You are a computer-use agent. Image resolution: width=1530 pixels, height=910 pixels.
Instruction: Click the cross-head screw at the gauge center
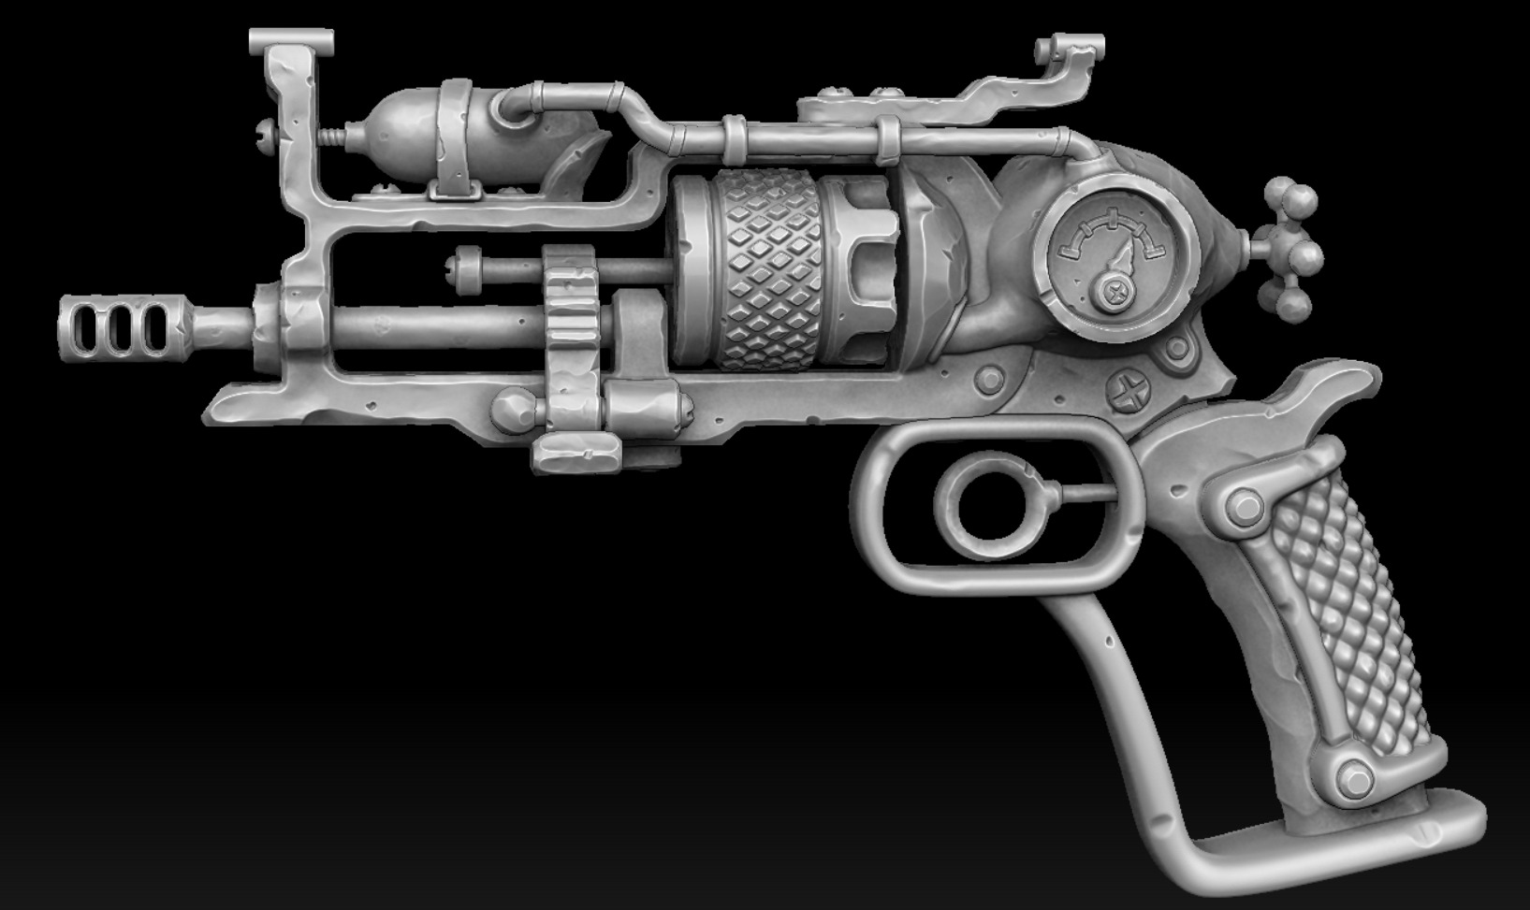pyautogui.click(x=1115, y=293)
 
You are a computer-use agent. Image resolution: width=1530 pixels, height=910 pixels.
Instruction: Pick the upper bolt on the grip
pyautogui.click(x=1246, y=509)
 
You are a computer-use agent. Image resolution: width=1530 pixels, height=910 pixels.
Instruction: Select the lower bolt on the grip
pyautogui.click(x=1354, y=776)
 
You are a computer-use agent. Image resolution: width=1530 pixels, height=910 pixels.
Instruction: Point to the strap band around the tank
pyautogui.click(x=456, y=140)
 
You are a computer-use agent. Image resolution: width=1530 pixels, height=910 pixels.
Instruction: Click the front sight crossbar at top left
pyautogui.click(x=291, y=40)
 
